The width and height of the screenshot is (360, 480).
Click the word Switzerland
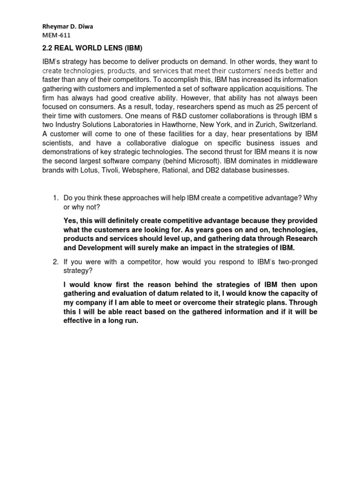click(x=299, y=124)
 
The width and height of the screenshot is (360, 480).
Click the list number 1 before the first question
click(x=54, y=198)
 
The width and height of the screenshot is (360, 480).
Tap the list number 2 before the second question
click(x=54, y=262)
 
